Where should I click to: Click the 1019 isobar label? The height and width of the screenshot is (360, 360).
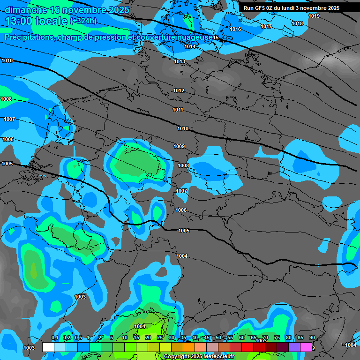coord(314,16)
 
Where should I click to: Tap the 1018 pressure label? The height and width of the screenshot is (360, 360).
coord(297,23)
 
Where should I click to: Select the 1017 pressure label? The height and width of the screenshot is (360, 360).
coord(266,26)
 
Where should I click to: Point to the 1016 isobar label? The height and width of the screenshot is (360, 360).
coord(235,29)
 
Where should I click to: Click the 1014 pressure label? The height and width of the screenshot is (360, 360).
coord(190,46)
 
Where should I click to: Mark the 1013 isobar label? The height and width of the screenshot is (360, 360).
coord(180,61)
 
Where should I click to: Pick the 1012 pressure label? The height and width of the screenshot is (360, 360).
coord(179,90)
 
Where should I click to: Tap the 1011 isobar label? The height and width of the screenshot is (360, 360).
coord(178,110)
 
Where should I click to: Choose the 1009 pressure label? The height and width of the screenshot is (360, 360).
coord(179,146)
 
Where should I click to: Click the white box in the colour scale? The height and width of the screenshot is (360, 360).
coord(48,347)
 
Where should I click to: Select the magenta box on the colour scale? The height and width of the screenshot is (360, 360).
coord(307,347)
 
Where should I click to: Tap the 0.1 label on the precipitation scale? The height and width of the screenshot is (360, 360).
coord(55,338)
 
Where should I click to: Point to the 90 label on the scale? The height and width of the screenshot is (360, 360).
coord(312,338)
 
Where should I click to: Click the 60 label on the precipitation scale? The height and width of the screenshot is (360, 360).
coord(242,338)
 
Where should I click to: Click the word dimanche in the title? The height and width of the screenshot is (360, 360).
coord(26,10)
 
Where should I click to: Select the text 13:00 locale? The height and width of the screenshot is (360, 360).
coord(37,21)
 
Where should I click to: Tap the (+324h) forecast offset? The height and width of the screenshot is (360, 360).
coord(83,21)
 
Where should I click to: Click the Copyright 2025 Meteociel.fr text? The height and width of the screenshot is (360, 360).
coord(199,357)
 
